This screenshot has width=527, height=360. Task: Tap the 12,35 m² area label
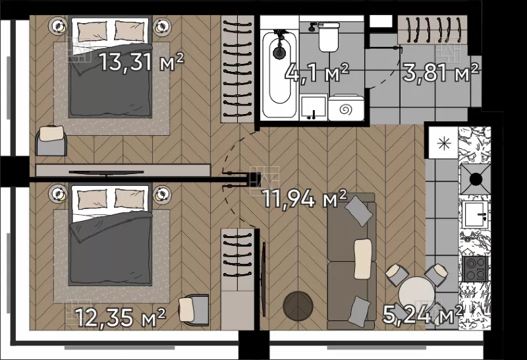point(121,317)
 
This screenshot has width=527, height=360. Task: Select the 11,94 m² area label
point(304,198)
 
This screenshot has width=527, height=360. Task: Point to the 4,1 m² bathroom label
point(317,73)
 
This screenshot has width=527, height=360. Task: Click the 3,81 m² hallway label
point(440,73)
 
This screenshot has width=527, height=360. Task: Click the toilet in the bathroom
point(328,36)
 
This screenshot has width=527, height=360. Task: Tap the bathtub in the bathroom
point(279,74)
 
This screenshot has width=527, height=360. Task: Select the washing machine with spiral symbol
point(346,108)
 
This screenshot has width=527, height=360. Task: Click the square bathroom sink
point(314,107)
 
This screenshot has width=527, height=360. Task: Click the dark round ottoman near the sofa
point(298,306)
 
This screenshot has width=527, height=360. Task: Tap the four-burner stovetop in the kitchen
point(475,269)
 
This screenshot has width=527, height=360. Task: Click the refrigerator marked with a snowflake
point(443,143)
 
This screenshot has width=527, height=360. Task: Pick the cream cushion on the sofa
point(362,258)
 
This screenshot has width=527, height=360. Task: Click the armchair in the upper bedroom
point(51,140)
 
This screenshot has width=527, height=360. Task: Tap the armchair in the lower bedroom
point(194,309)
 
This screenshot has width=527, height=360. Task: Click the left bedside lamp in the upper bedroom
point(59,26)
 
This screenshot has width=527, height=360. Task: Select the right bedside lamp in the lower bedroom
point(162,194)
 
